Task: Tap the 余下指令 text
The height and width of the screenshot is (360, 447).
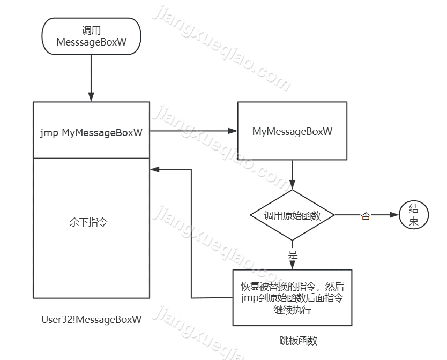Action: coord(88,221)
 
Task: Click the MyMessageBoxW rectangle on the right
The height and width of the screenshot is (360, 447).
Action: coord(292,131)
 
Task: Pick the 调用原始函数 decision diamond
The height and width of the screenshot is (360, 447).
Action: coord(292,215)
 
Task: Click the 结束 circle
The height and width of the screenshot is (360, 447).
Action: coord(414,215)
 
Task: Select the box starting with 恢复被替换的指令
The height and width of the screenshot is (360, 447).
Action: coord(292,298)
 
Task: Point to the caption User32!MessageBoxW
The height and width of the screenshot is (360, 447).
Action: coord(92,320)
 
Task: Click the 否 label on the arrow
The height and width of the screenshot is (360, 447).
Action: coord(366,216)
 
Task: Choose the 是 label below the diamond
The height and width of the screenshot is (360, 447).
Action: coord(293,254)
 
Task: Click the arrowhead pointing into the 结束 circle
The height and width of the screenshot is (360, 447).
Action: coord(395,215)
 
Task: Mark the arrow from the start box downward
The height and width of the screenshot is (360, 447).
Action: coord(91,75)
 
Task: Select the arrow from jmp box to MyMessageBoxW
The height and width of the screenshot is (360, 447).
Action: coord(193,131)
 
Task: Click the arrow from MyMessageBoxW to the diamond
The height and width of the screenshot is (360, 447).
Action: coord(292,174)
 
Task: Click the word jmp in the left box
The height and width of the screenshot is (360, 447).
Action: coord(49,133)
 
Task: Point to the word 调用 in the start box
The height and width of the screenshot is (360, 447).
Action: coord(91,30)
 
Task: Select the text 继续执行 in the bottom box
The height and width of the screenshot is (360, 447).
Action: coord(292,310)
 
